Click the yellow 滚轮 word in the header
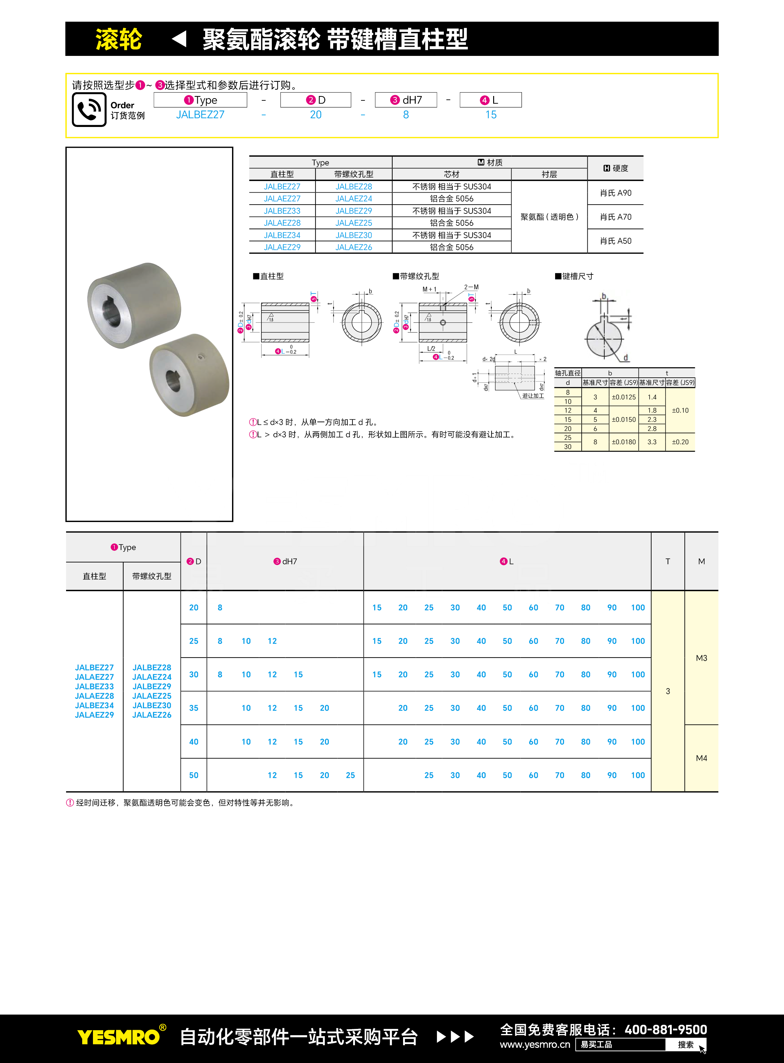pyautogui.click(x=119, y=39)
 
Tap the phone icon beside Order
pyautogui.click(x=89, y=110)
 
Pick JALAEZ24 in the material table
pyautogui.click(x=353, y=199)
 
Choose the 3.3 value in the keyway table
pyautogui.click(x=652, y=442)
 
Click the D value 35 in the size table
pyautogui.click(x=193, y=708)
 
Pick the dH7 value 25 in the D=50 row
pyautogui.click(x=350, y=775)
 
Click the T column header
pyautogui.click(x=667, y=562)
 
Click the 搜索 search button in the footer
pyautogui.click(x=685, y=1044)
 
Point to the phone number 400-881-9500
pyautogui.click(x=665, y=1029)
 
